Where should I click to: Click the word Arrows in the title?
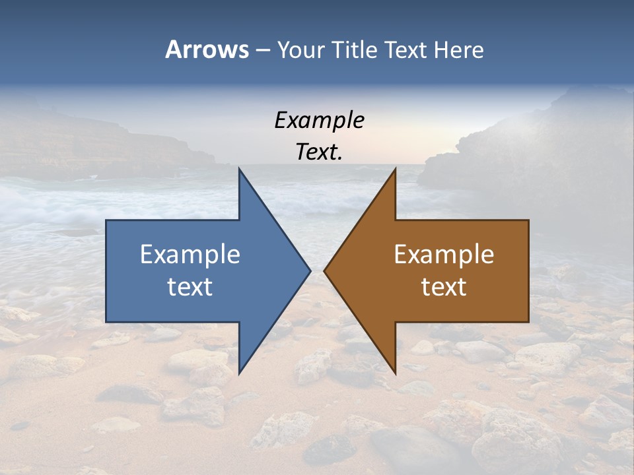coord(207,49)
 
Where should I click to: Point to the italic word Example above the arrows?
coord(319,120)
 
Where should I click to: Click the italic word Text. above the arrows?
coord(319,152)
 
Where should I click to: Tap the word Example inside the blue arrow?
coord(190,255)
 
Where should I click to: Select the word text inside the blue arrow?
coord(190,287)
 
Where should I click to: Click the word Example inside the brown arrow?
coord(444,255)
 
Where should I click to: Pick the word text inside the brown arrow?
coord(444,287)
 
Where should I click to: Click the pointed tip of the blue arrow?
coord(310,270)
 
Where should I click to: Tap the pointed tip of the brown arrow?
coord(324,270)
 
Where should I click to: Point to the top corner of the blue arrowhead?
coord(239,169)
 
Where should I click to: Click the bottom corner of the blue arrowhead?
coord(239,373)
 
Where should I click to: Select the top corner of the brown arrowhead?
coord(395,169)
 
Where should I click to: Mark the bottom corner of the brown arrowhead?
coord(395,373)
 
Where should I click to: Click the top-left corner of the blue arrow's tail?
coord(106,220)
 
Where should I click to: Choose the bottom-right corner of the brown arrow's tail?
coord(528,322)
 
